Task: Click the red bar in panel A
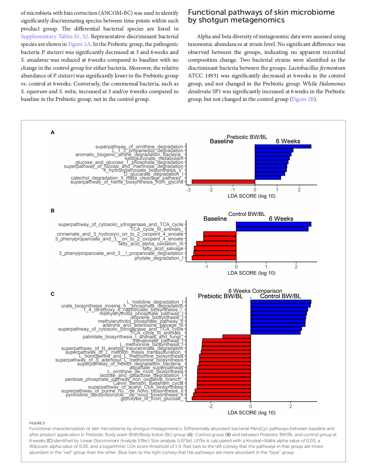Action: click(x=223, y=182)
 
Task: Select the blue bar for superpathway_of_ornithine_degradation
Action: click(x=283, y=146)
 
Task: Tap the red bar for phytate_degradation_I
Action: click(x=214, y=258)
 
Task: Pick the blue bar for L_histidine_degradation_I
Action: click(x=281, y=302)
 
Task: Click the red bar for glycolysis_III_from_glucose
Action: click(x=221, y=398)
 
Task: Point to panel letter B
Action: click(x=52, y=211)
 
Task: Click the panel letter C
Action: click(x=52, y=294)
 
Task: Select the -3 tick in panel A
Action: click(x=189, y=190)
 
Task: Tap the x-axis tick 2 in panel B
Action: click(x=296, y=267)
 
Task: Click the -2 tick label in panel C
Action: click(x=210, y=406)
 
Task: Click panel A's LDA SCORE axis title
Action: click(x=251, y=196)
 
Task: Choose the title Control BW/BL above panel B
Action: click(x=247, y=214)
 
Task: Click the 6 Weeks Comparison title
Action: click(x=255, y=291)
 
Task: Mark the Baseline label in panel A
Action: click(x=221, y=141)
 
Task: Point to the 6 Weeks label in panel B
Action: click(x=281, y=219)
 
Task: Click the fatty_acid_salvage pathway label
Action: click(x=163, y=248)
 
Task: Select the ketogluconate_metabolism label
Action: click(x=154, y=159)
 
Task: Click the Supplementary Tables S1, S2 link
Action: click(x=54, y=37)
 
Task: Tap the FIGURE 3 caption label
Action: click(x=37, y=423)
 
